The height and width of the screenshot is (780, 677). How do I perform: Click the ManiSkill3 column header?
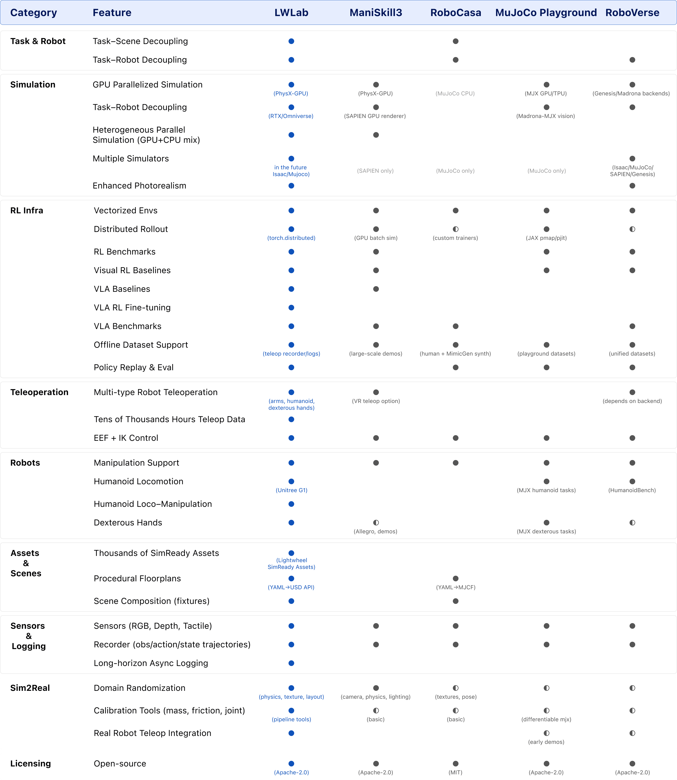coord(375,13)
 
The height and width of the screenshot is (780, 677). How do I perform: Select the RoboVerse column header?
coord(632,13)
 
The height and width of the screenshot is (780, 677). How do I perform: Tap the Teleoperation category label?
coord(39,392)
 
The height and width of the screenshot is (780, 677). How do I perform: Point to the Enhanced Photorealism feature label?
coord(139,186)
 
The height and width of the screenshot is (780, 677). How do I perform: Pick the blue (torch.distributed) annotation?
coord(291,238)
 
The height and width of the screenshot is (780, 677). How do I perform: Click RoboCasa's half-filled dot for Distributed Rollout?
coord(456,229)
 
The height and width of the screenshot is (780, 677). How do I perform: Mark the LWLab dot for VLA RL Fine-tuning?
coord(291,308)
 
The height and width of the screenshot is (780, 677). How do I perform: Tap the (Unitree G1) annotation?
coord(291,490)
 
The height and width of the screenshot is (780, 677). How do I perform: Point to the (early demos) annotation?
coord(546,742)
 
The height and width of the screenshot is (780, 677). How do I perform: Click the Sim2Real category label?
coord(30,688)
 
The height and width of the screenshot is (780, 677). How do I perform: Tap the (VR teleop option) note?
coord(375,401)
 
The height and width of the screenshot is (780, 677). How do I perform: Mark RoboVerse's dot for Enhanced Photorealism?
coord(632,186)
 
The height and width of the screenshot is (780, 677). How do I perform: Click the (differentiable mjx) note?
coord(546,720)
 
